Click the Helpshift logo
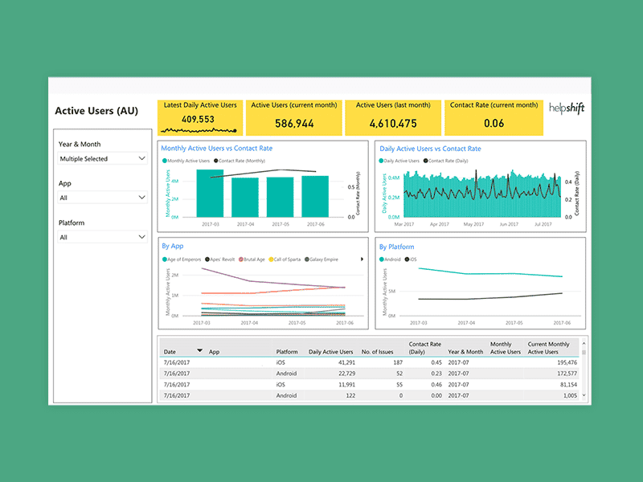566,107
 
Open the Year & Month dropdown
102,159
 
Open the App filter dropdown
102,198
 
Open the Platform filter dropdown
102,237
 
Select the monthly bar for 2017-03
210,194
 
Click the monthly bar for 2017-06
315,197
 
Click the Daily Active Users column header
330,352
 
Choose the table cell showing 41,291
338,362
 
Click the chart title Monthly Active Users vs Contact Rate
216,149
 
